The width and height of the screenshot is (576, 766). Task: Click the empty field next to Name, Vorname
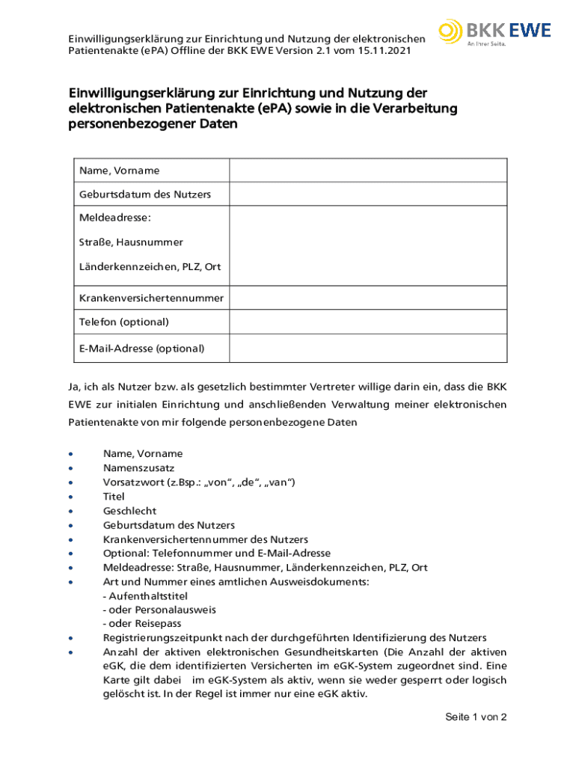tap(368, 171)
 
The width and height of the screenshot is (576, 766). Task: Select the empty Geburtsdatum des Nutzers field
tap(368, 194)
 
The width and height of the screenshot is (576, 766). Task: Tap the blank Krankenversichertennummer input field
tap(368, 298)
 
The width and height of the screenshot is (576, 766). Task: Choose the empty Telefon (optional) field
tap(368, 322)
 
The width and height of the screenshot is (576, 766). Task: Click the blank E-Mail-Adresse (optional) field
tap(368, 349)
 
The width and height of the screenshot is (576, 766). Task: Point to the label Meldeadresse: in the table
tap(115, 218)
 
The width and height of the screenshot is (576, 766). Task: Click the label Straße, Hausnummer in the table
tap(131, 242)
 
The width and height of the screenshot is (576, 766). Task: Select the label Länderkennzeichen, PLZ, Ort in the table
tap(150, 267)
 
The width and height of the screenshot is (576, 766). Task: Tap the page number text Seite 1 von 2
tap(476, 717)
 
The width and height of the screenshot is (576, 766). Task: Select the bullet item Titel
tap(114, 496)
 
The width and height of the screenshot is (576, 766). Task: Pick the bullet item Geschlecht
tap(129, 510)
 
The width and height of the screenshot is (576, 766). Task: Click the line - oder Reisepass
tap(142, 624)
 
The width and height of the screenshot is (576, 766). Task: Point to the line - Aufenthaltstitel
tap(145, 595)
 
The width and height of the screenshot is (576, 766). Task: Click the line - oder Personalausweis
tap(159, 610)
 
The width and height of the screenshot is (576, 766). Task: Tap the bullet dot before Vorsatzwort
tap(70, 482)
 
